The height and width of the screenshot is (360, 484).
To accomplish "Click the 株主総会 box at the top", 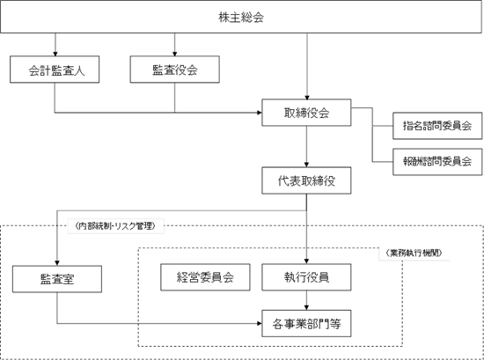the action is (x=241, y=17).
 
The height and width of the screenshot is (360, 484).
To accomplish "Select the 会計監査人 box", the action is (x=55, y=70).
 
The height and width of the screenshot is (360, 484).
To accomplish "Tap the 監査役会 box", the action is (x=175, y=70).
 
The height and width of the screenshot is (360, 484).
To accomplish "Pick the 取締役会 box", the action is (x=306, y=113).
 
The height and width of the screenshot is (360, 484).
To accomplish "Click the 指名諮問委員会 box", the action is (x=437, y=126).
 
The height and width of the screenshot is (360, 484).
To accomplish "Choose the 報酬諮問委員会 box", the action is (x=437, y=162).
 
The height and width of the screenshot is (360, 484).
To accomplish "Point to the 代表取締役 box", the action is (x=306, y=180).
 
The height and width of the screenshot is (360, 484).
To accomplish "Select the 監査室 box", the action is (x=57, y=279).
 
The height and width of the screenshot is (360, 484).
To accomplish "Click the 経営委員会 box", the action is (x=205, y=277).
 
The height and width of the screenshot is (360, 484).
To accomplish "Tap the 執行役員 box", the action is (x=306, y=277).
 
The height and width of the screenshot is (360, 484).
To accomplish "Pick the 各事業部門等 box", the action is (x=306, y=324).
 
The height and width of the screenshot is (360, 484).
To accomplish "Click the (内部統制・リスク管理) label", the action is (x=115, y=226).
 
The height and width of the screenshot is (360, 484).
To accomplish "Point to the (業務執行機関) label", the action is (x=414, y=253).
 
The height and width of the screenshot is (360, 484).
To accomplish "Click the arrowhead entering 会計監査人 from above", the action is (x=55, y=54).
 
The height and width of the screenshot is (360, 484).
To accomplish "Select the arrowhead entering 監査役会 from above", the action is (x=175, y=54).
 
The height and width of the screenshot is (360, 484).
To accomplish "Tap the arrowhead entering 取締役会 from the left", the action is (x=260, y=113).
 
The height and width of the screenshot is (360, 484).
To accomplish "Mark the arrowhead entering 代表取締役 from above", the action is (x=306, y=165).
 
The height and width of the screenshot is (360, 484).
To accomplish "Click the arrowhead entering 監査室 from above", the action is (x=57, y=263).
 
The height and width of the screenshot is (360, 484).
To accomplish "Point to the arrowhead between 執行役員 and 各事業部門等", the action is (x=306, y=308).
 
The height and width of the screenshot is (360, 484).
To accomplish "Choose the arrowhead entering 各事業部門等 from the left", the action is (x=260, y=324).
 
